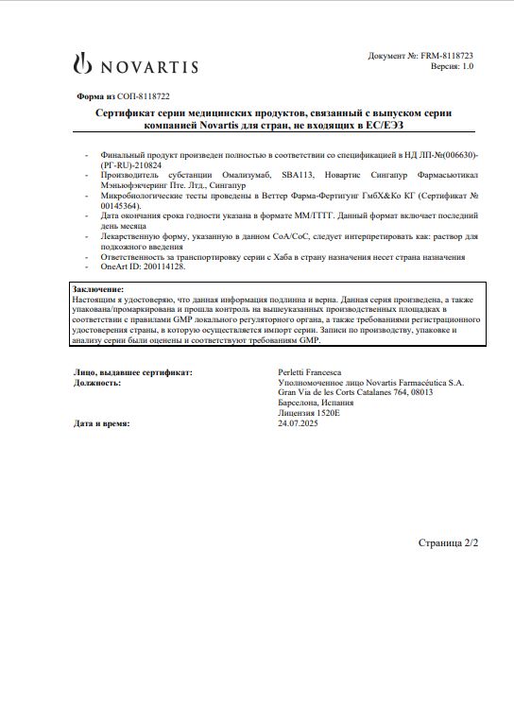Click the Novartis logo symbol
[x=83, y=65]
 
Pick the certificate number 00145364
[x=120, y=204]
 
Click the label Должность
[x=96, y=383]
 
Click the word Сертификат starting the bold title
[x=124, y=112]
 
